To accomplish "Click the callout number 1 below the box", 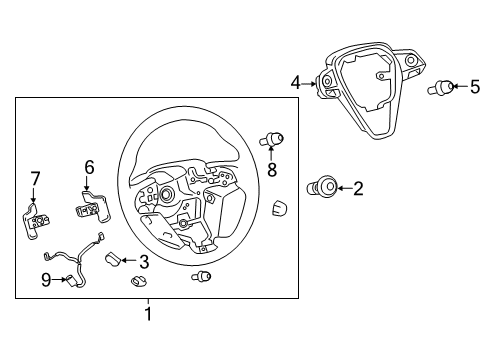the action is click(x=148, y=314).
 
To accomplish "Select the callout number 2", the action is click(x=358, y=189).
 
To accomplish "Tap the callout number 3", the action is click(x=144, y=262).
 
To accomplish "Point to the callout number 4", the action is click(x=295, y=83).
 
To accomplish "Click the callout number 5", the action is click(x=475, y=87).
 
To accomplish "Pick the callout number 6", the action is click(x=89, y=167).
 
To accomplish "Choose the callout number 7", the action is click(x=35, y=179).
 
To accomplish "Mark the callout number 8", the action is click(x=272, y=170).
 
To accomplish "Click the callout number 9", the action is click(x=46, y=280).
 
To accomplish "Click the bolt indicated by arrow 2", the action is click(x=322, y=187).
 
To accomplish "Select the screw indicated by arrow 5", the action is click(x=441, y=87).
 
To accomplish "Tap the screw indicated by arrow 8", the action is click(x=272, y=139).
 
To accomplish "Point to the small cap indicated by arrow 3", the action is click(x=113, y=260).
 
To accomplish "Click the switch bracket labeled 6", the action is click(x=93, y=207).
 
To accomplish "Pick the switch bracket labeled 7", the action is click(x=36, y=220).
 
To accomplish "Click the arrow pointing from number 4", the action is click(x=309, y=84).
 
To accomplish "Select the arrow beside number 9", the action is click(x=59, y=280).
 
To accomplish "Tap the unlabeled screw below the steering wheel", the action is click(x=201, y=276).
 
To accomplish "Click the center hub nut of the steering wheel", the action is click(x=166, y=194).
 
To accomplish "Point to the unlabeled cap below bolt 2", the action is click(x=280, y=208).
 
